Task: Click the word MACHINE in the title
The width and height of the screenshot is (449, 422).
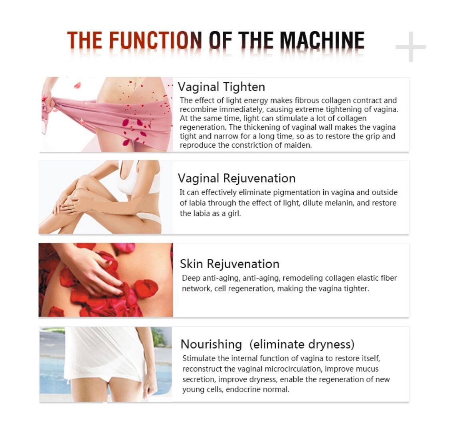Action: point(322,40)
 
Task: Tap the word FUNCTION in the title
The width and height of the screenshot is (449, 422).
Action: point(156,40)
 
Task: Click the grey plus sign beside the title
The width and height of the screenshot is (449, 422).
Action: point(410,47)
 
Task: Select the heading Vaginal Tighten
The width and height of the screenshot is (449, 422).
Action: point(222,87)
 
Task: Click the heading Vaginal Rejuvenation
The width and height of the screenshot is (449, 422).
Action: point(237,178)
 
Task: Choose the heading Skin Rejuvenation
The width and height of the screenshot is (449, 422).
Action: point(229,264)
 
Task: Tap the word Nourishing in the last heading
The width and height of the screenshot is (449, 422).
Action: point(211,344)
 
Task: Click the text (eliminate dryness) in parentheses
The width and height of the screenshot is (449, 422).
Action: point(302,344)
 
